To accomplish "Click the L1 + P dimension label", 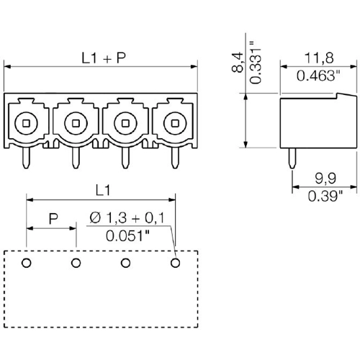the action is pyautogui.click(x=104, y=58).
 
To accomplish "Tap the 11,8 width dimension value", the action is pyautogui.click(x=319, y=58).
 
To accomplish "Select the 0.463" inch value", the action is pyautogui.click(x=318, y=76).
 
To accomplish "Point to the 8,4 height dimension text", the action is pyautogui.click(x=238, y=63).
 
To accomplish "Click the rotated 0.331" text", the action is pyautogui.click(x=255, y=63).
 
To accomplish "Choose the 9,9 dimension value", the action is pyautogui.click(x=325, y=179).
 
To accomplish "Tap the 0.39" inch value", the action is pyautogui.click(x=325, y=196).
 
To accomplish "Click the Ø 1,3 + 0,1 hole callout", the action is pyautogui.click(x=127, y=218).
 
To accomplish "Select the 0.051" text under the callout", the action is pyautogui.click(x=127, y=235).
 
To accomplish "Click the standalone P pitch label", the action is pyautogui.click(x=53, y=219).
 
